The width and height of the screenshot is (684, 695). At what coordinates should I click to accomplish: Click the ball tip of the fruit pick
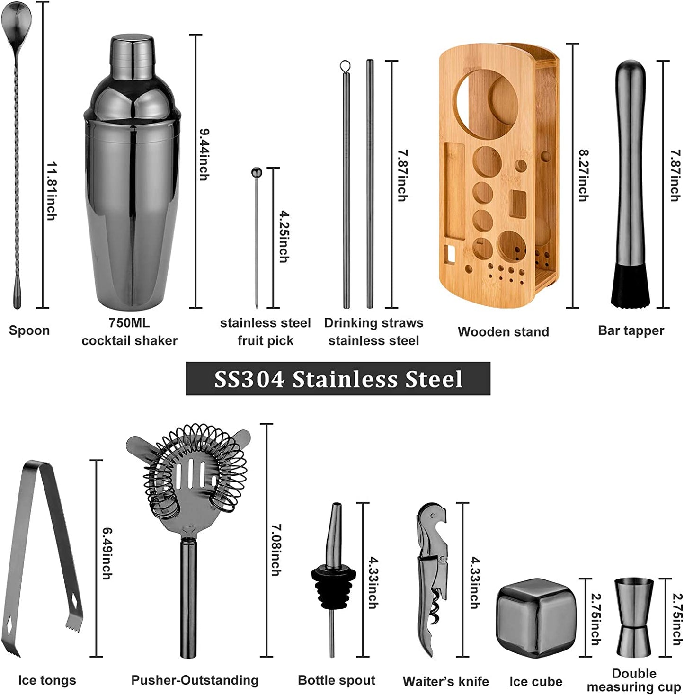[x=257, y=173]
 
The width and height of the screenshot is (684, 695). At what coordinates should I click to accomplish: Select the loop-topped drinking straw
[x=346, y=184]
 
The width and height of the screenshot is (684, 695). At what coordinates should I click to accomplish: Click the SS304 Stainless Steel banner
[x=338, y=379]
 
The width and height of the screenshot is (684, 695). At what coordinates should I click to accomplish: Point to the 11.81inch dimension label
[x=52, y=191]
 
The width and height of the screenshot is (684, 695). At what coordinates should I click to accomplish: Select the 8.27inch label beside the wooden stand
[x=583, y=175]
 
